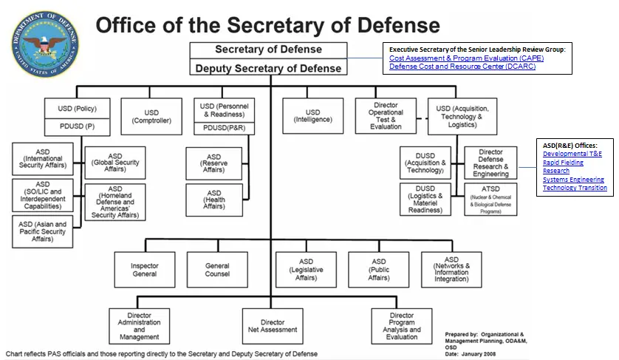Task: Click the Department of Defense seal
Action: click(43, 44)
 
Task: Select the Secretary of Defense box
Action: click(268, 50)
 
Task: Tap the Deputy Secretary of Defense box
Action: click(268, 68)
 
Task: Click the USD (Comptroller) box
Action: click(151, 115)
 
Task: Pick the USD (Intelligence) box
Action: click(313, 115)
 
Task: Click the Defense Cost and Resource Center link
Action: click(462, 67)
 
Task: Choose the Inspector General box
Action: click(144, 270)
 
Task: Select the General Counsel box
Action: click(217, 270)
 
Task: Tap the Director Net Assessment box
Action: click(273, 326)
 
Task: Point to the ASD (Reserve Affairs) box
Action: click(213, 163)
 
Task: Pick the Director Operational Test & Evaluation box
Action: click(386, 116)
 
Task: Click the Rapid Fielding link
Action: click(563, 162)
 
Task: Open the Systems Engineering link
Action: click(573, 179)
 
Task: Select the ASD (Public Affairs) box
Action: click(379, 270)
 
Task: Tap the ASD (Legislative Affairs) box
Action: click(306, 270)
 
